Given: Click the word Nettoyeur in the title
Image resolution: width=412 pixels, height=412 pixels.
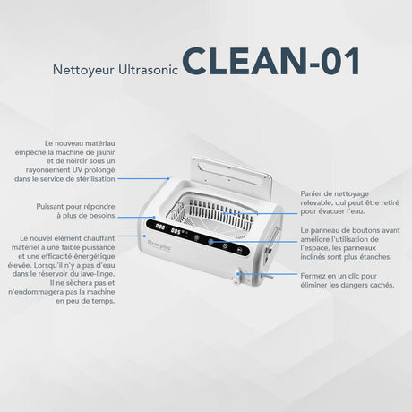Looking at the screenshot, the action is coord(83,71).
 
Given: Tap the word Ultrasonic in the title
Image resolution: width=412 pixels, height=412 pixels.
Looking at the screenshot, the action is coord(149,70).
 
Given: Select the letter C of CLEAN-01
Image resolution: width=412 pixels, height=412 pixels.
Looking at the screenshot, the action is coord(194,61).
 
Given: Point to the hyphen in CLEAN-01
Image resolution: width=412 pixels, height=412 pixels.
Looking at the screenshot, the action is coord(314,64).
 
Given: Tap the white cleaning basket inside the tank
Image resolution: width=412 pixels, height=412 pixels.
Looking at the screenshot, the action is coord(212,216).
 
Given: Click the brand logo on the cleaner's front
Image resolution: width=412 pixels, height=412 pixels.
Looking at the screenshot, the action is coord(159,246).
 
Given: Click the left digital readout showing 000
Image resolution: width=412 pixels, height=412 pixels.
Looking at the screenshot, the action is coord(161,227).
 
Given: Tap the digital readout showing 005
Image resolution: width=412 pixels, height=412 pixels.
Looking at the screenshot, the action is coord(176,231).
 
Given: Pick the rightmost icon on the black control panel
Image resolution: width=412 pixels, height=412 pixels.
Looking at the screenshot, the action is coord(239,250).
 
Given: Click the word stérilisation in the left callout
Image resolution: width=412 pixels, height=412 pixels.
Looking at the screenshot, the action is coord(96,179).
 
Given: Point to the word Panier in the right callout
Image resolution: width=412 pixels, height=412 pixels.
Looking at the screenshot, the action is coord(310,193).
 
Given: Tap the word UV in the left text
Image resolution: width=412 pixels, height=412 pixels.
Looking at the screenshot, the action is coord(77,169).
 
